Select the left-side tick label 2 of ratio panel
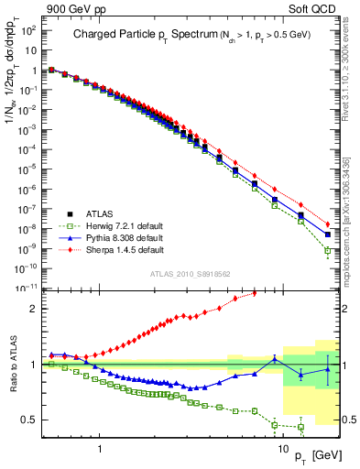(x=33, y=309)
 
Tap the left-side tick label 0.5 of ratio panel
(x=29, y=420)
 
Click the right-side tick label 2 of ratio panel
(x=348, y=309)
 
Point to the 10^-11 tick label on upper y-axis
(x=26, y=288)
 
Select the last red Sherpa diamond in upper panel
(x=328, y=223)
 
